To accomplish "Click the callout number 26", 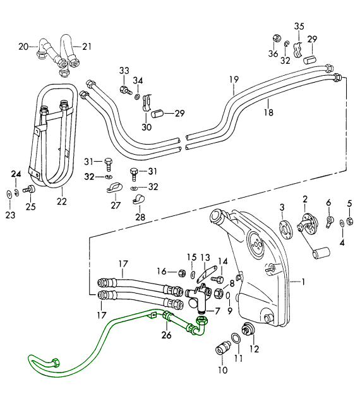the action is [166, 335].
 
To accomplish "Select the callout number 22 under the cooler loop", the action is [62, 201].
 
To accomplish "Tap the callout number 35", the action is [299, 26].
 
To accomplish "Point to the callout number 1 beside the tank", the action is [303, 282].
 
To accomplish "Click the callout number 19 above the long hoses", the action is [234, 80].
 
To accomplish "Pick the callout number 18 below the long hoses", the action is [268, 112].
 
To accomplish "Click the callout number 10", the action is [223, 370].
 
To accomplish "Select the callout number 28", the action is [140, 217].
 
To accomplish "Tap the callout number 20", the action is [23, 47].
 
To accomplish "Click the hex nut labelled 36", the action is [276, 38].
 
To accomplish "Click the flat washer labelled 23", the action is [9, 195].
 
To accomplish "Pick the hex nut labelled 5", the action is [349, 221].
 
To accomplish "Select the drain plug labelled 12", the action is [248, 329].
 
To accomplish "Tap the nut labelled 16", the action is [182, 273].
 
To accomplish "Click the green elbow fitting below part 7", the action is [201, 326].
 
